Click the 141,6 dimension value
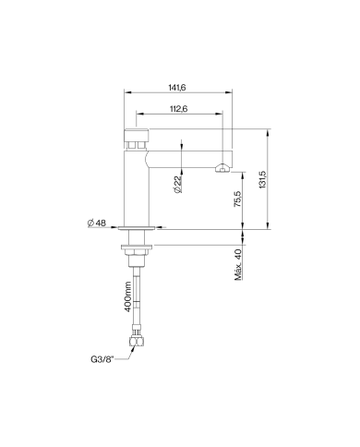[x=177, y=88]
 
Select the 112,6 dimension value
[x=179, y=109]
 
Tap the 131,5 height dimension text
[x=262, y=179]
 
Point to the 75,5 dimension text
[x=238, y=199]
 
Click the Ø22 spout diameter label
[x=178, y=185]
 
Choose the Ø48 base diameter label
[x=97, y=223]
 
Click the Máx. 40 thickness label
[x=238, y=264]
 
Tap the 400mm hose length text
[x=128, y=296]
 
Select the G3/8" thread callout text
[x=102, y=359]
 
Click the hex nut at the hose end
[x=136, y=341]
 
